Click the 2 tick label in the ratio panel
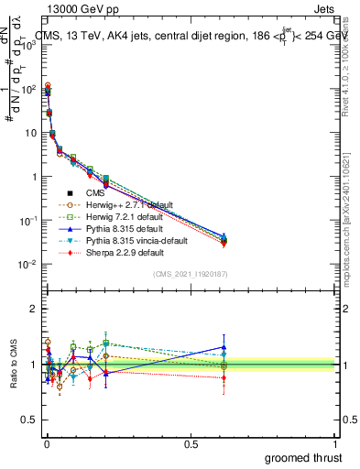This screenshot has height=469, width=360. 33,309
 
